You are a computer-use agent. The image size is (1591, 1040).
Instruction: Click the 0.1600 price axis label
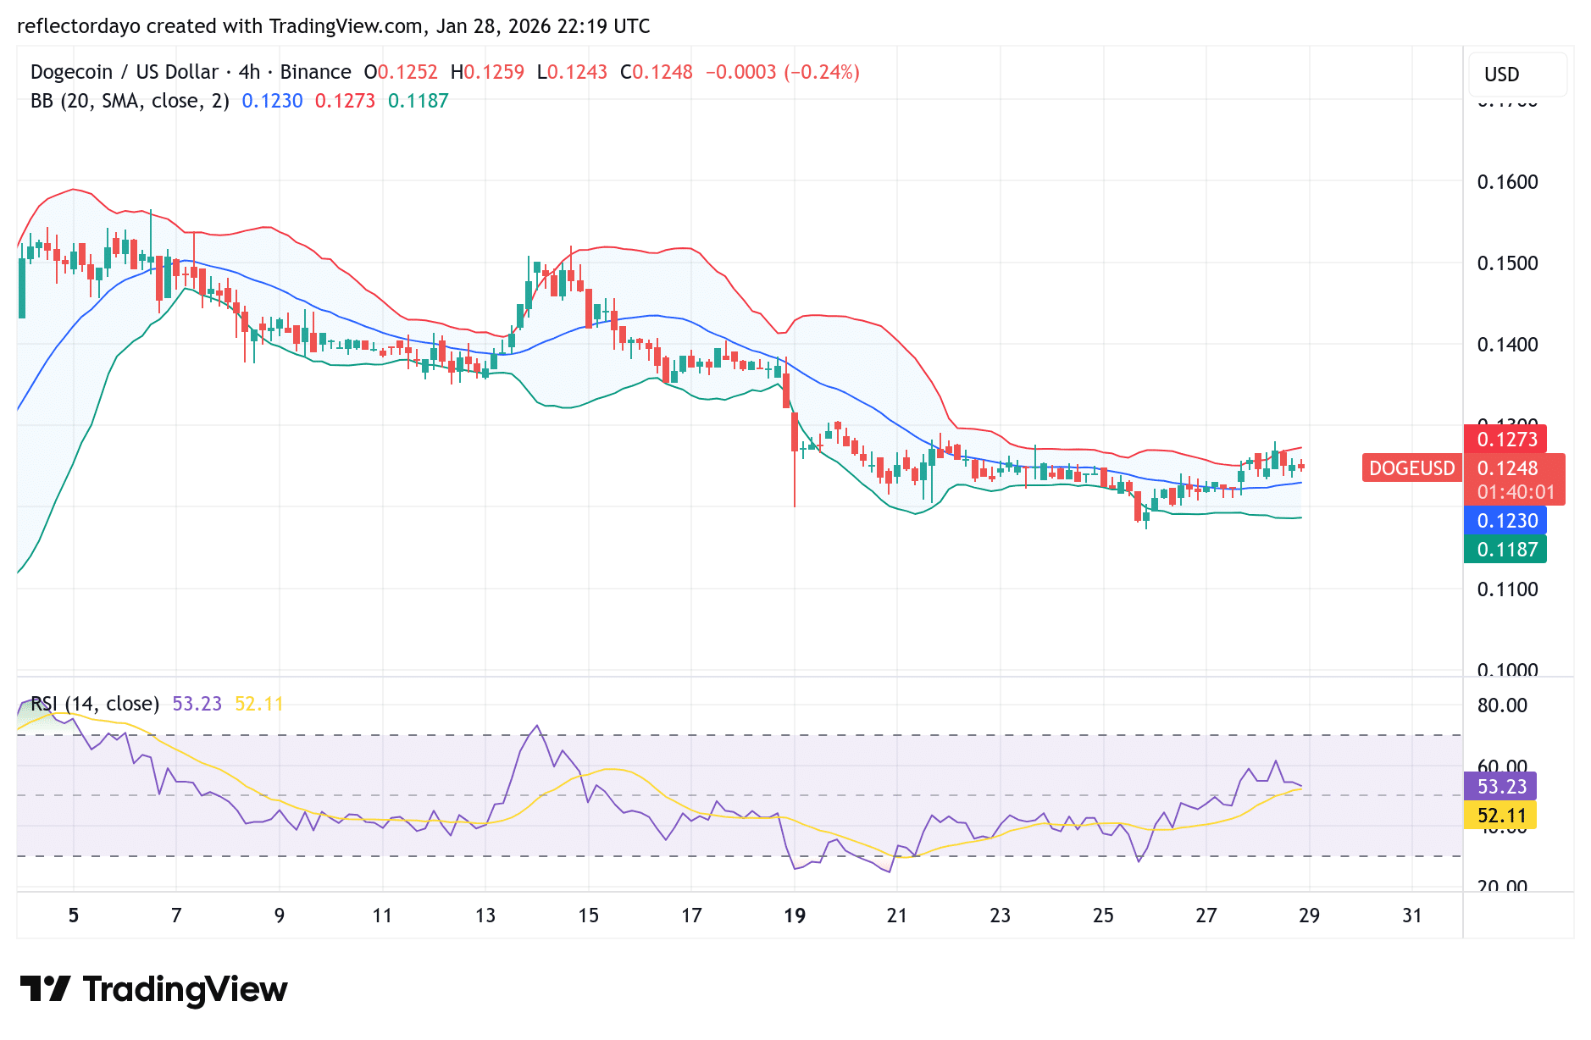coord(1507,182)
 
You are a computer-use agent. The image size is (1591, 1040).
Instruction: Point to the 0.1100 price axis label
coord(1507,589)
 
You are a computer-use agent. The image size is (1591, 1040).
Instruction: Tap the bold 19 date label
coord(794,916)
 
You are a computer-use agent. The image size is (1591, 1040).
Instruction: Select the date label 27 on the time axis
coord(1206,916)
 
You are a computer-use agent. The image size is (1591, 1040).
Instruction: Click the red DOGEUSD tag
coord(1411,468)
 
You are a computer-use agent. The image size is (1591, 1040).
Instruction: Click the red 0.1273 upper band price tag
coord(1506,440)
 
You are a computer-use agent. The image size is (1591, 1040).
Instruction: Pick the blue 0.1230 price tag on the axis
coord(1506,521)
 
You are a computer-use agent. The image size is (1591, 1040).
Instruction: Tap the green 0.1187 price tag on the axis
coord(1506,550)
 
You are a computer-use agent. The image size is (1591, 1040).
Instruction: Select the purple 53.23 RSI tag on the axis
coord(1501,787)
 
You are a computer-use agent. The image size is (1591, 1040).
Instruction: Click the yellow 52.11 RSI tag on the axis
coord(1501,816)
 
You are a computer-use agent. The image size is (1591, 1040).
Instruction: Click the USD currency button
coord(1502,75)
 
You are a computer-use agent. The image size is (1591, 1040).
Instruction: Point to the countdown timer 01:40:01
coord(1516,492)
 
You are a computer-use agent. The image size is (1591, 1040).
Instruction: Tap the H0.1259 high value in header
coord(487,72)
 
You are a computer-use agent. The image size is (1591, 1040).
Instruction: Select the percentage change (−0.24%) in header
coord(821,72)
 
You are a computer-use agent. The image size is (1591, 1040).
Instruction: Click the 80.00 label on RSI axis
coord(1502,705)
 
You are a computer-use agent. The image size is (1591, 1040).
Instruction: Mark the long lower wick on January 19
coord(795,483)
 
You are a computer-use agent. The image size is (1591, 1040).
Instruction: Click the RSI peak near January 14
coord(536,726)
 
